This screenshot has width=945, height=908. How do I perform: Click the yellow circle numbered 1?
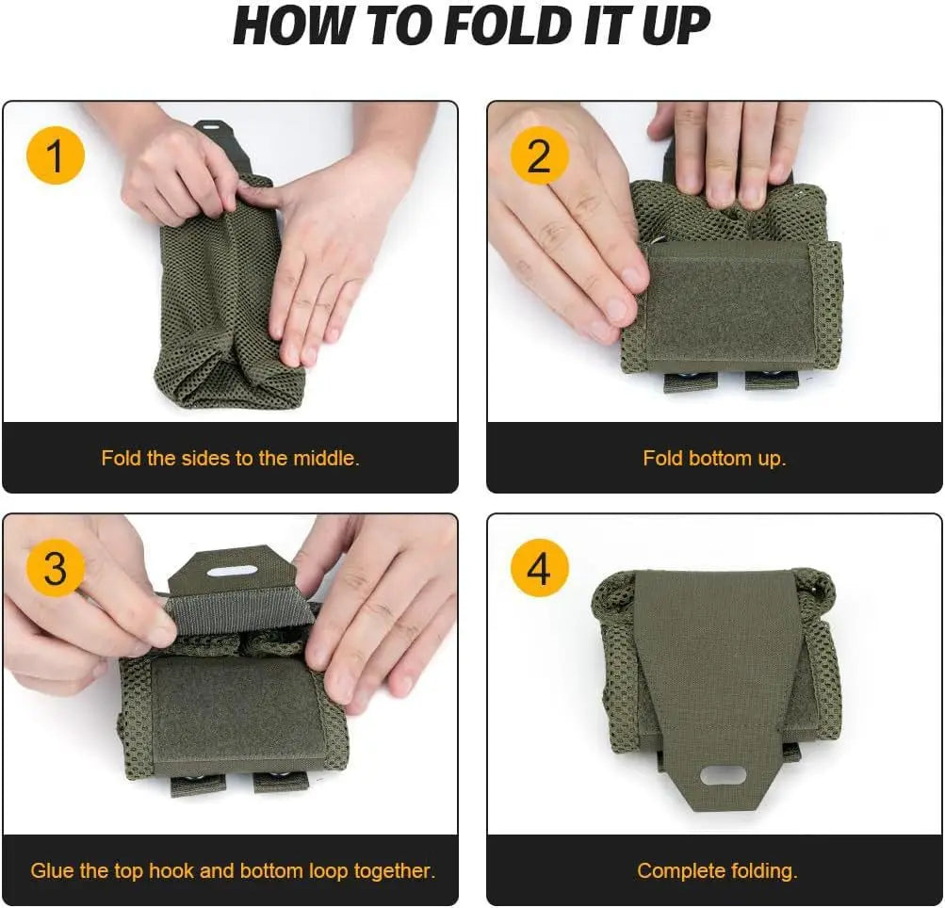[x=56, y=155]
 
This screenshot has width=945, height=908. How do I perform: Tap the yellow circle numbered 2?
[x=539, y=155]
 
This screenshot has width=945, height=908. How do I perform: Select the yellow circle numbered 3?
[x=56, y=569]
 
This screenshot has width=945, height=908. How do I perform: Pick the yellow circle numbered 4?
[x=539, y=569]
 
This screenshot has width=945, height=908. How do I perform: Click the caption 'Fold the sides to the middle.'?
[x=230, y=459]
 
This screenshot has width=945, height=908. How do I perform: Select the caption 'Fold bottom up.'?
[x=714, y=459]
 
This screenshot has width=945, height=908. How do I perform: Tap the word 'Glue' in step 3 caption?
[x=51, y=870]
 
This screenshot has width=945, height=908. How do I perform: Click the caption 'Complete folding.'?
[x=717, y=870]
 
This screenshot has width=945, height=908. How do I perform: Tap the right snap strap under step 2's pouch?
[x=770, y=380]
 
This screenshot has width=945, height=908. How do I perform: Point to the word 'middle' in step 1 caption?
[x=321, y=459]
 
